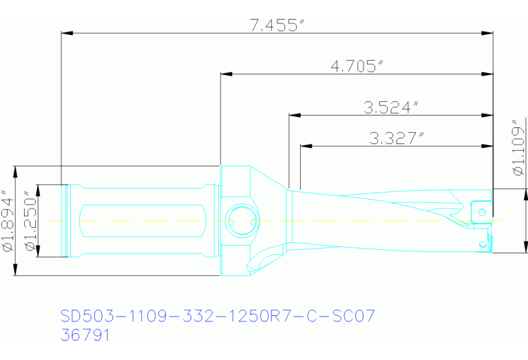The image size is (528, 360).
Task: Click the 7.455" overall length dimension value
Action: click(x=277, y=25)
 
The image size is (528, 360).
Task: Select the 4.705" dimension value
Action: click(x=357, y=66)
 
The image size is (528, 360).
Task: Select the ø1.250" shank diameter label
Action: click(x=30, y=221)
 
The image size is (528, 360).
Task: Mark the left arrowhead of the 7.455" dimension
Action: click(x=66, y=32)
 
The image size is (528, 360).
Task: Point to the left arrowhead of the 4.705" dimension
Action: click(x=225, y=73)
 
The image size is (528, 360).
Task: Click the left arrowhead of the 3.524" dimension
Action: click(x=293, y=114)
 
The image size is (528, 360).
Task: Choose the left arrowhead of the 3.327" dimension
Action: click(x=304, y=145)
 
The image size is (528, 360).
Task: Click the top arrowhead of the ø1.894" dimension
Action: click(x=15, y=170)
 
